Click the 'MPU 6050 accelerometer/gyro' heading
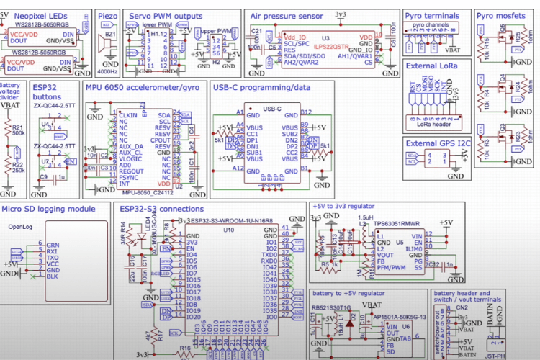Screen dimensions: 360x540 click(x=142, y=87)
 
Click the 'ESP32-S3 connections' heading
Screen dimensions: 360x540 click(x=167, y=209)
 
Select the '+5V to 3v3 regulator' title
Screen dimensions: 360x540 click(x=347, y=206)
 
